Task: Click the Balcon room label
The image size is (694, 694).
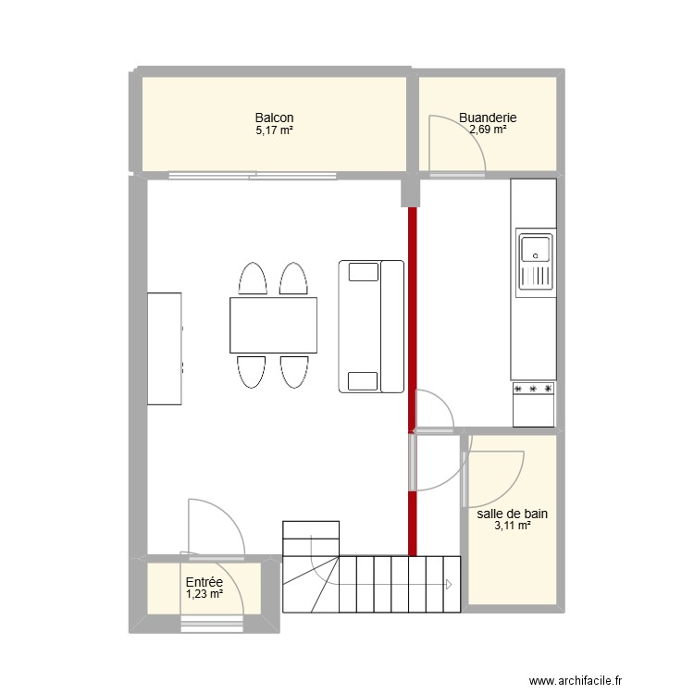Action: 274,118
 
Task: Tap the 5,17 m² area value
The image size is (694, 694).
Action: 275,130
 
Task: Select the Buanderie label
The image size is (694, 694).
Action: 488,118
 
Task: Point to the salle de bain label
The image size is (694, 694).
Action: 512,514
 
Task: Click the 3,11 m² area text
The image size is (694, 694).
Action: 513,526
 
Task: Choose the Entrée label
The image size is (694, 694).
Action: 204,582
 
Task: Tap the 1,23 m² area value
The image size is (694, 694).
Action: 204,594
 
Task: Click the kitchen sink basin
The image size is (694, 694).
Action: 536,249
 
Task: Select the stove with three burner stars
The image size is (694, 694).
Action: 533,404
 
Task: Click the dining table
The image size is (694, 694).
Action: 273,326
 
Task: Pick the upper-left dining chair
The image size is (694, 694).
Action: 253,279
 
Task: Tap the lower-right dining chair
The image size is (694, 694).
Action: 294,372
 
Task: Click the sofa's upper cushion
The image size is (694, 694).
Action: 364,272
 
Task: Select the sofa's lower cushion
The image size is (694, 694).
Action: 363,381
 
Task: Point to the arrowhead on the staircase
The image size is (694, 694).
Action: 449,585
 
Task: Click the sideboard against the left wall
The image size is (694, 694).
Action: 164,349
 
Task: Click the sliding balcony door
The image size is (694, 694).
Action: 253,175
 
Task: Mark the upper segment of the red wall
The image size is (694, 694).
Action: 413,318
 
